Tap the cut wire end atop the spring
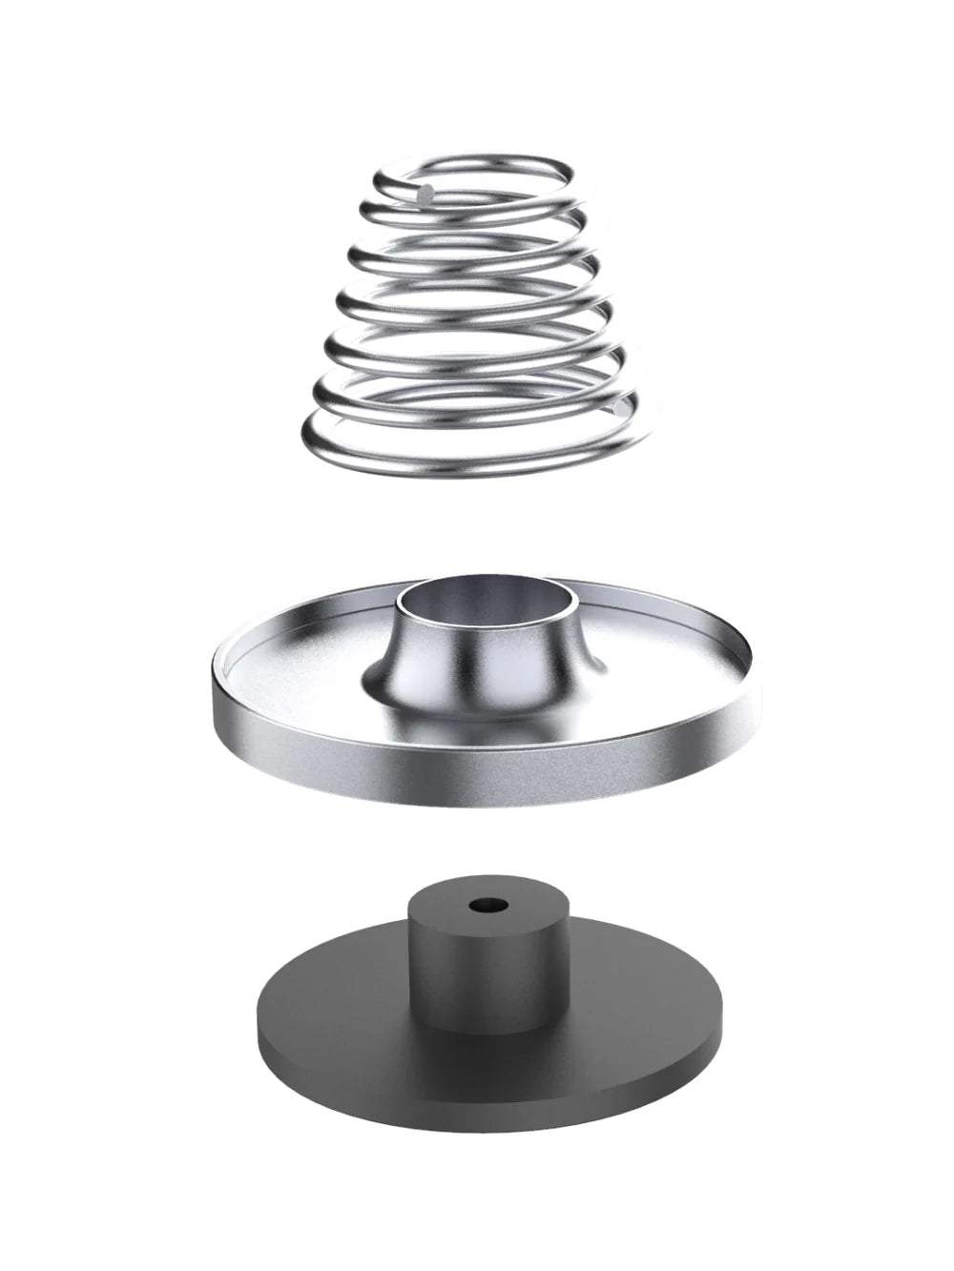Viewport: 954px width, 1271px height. (426, 192)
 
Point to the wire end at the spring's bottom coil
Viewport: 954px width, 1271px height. (621, 408)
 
